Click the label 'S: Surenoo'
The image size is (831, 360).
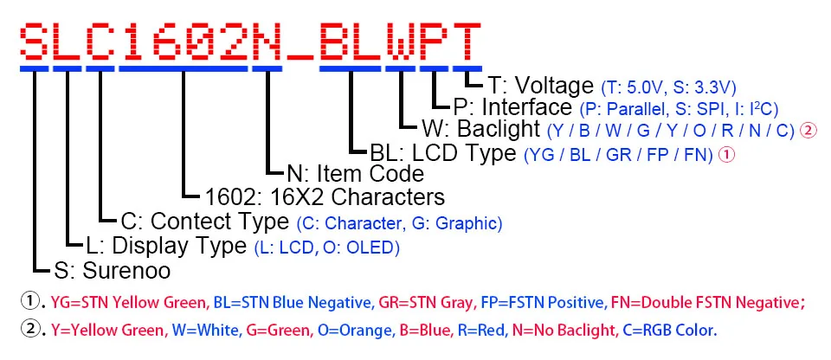(112, 270)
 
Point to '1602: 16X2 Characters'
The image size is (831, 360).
(325, 196)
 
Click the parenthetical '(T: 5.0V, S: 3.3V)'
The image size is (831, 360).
(669, 87)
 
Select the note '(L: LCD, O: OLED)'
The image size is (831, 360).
(326, 247)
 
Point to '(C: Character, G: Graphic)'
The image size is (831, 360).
(399, 223)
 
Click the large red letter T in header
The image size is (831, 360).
(467, 39)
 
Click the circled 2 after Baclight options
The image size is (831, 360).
(808, 131)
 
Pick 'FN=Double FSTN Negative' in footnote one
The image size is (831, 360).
(707, 302)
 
